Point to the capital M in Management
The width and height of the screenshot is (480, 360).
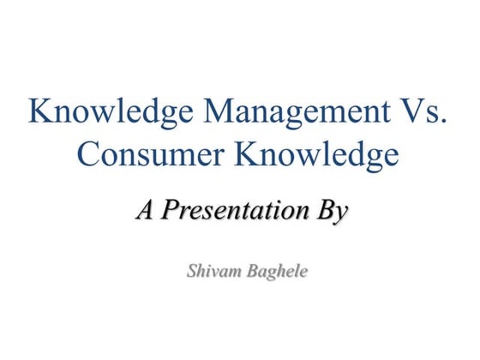coord(197,111)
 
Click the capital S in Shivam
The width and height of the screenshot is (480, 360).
coord(191,273)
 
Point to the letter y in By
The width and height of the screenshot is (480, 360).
coord(341,213)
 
